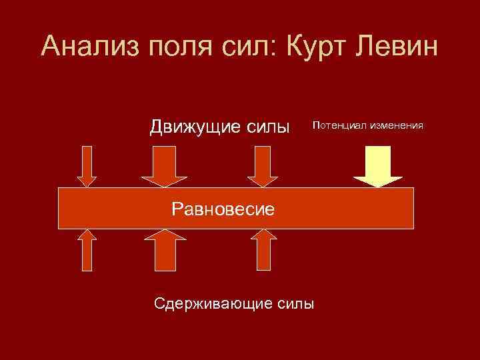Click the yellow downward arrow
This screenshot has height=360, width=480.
click(x=378, y=167)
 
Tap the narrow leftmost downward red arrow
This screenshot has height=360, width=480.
click(x=87, y=167)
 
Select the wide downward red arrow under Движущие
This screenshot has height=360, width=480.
click(x=165, y=167)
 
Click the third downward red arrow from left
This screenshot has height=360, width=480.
click(x=263, y=167)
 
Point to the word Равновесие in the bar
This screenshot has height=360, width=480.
click(x=223, y=209)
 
